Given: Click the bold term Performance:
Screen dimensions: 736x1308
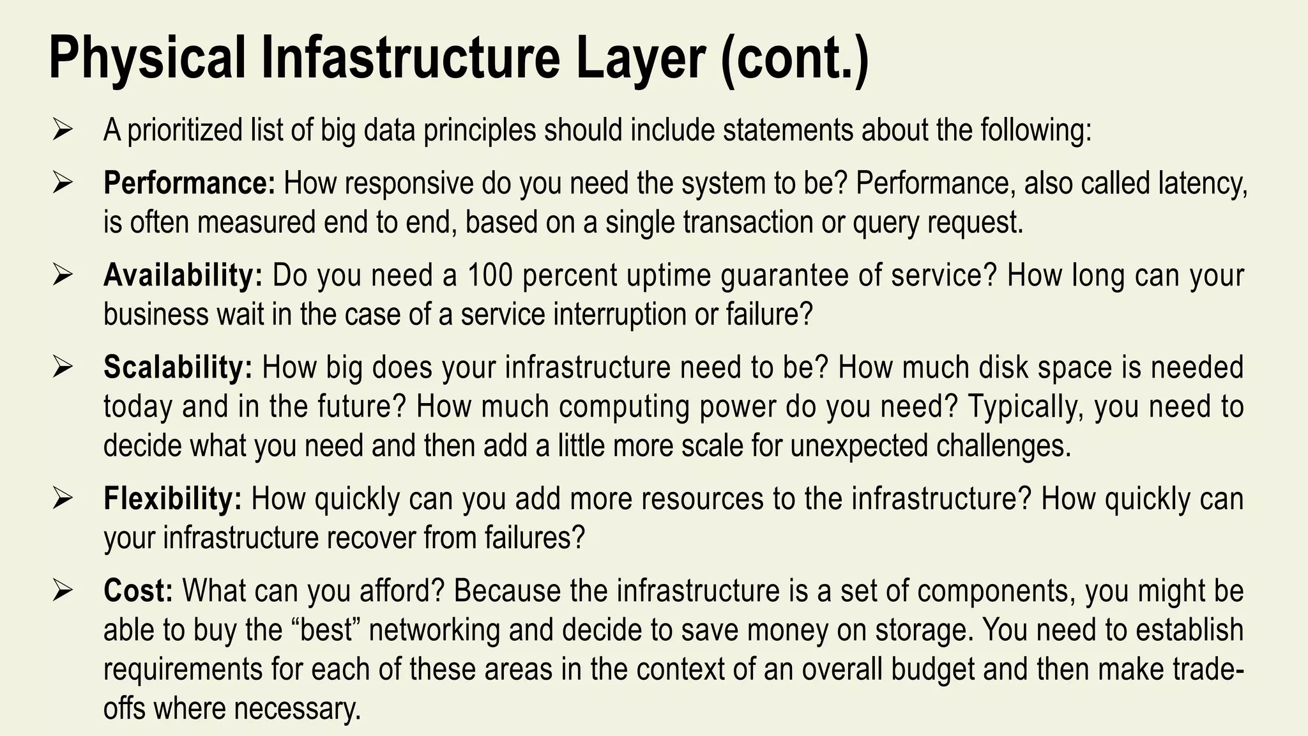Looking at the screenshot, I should click(190, 183).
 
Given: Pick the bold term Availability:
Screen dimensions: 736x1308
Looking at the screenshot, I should click(183, 275).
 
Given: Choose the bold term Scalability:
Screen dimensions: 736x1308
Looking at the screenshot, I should click(178, 367).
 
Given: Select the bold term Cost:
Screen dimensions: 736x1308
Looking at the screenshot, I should click(138, 590).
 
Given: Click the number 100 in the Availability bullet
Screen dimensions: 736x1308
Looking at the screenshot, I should click(490, 275).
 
